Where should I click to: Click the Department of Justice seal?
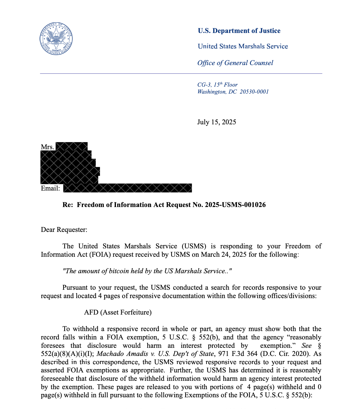coord(56,39)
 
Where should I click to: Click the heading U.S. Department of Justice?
coord(239,31)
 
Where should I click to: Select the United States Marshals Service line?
coord(243,46)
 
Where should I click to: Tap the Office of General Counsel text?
coord(235,63)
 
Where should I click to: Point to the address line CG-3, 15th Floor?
coord(217,85)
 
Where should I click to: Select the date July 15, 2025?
coord(216,122)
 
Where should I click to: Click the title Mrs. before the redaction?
coord(47,147)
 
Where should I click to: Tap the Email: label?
coord(50,188)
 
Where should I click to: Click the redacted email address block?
coord(127,188)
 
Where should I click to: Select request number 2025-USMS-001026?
coord(235,205)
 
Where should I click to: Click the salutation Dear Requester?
coord(64,230)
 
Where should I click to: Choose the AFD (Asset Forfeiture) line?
coord(118,312)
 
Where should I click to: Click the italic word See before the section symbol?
coord(306,346)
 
